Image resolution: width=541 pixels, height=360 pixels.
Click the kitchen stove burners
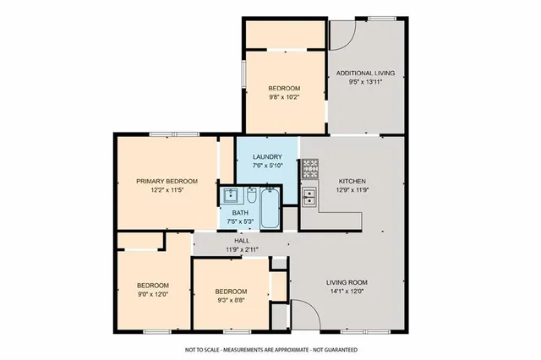click(309, 168)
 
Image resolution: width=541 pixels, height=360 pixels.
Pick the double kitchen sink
click(309, 198)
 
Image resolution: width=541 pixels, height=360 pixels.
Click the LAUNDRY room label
click(266, 157)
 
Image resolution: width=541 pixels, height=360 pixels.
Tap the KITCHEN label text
click(352, 182)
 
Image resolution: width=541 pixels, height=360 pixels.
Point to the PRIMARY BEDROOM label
click(167, 181)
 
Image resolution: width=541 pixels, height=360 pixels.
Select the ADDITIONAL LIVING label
click(365, 74)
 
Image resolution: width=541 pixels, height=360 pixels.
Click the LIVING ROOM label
click(347, 282)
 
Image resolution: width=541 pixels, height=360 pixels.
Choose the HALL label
click(241, 241)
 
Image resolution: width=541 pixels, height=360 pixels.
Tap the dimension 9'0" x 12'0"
click(153, 294)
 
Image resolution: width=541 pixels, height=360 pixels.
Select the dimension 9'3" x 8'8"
click(230, 299)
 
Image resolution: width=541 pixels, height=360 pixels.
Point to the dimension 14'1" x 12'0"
click(347, 292)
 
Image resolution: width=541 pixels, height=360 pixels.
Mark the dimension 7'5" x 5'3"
click(241, 221)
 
